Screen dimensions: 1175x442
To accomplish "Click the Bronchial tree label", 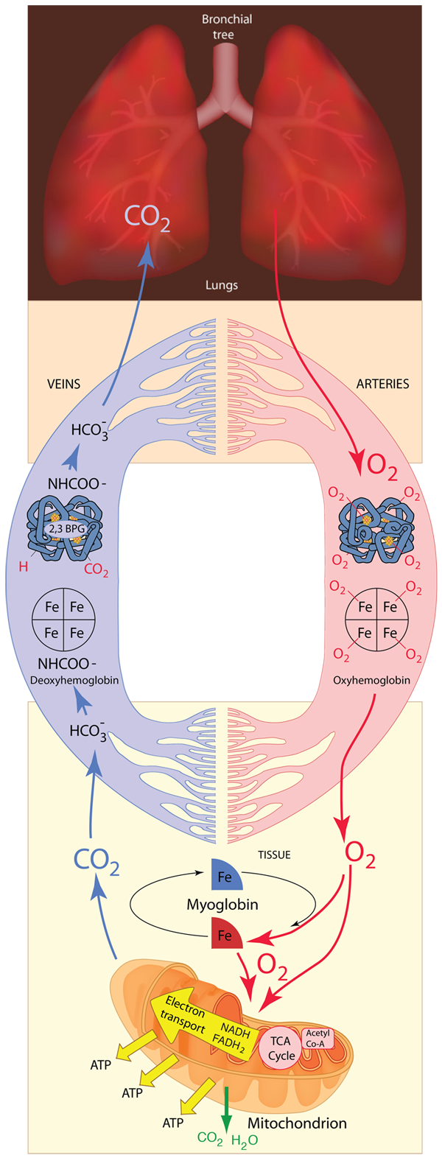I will coord(226,27).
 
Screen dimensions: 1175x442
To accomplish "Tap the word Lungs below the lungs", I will coord(221,285).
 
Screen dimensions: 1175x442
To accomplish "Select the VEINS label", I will coord(63,384).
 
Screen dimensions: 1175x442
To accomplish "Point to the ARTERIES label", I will coord(382,384).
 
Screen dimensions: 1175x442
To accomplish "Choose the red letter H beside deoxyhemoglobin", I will coord(24,567).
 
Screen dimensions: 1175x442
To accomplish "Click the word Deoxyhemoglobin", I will coord(74,680).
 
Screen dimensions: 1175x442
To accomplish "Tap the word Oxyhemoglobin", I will coord(371,680).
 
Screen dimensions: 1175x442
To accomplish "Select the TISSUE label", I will coord(274,855).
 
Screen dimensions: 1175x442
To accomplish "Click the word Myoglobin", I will coord(222,904).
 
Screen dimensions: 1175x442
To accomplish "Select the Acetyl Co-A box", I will coord(318,1039).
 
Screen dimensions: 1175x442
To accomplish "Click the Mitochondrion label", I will coord(297,1123).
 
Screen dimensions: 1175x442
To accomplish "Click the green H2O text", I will coord(245,1140).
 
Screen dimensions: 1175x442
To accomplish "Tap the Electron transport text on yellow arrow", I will coord(183,1013).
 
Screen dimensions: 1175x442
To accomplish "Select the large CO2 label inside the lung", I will coord(147,217).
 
